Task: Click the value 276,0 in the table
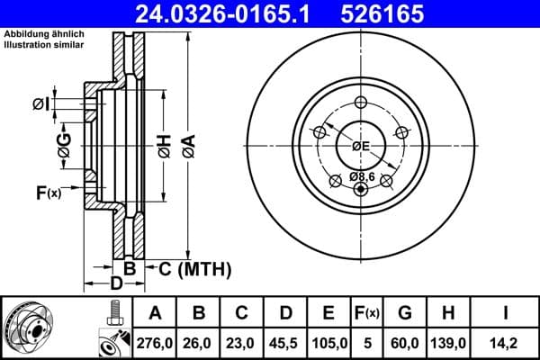coord(155,341)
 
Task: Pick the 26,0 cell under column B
coord(199,341)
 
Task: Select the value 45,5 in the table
coord(285,341)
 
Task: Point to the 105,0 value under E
coord(329,341)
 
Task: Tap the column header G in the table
coord(406,313)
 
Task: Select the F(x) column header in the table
coord(367,313)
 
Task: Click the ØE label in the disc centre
coord(361,145)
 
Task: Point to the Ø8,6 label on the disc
coord(362,177)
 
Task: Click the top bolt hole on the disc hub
coord(361,102)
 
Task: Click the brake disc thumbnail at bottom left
coord(36,328)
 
